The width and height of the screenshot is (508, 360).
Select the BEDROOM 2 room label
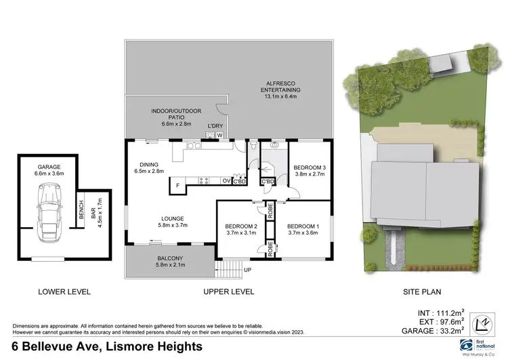(241, 226)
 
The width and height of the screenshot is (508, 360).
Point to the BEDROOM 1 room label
(303, 226)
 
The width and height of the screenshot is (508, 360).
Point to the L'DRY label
(215, 126)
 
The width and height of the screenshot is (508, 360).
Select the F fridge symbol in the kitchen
(177, 186)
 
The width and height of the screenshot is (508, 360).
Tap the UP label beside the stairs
(248, 270)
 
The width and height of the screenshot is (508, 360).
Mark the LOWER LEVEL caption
(65, 292)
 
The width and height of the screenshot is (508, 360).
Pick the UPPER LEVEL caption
(229, 292)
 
